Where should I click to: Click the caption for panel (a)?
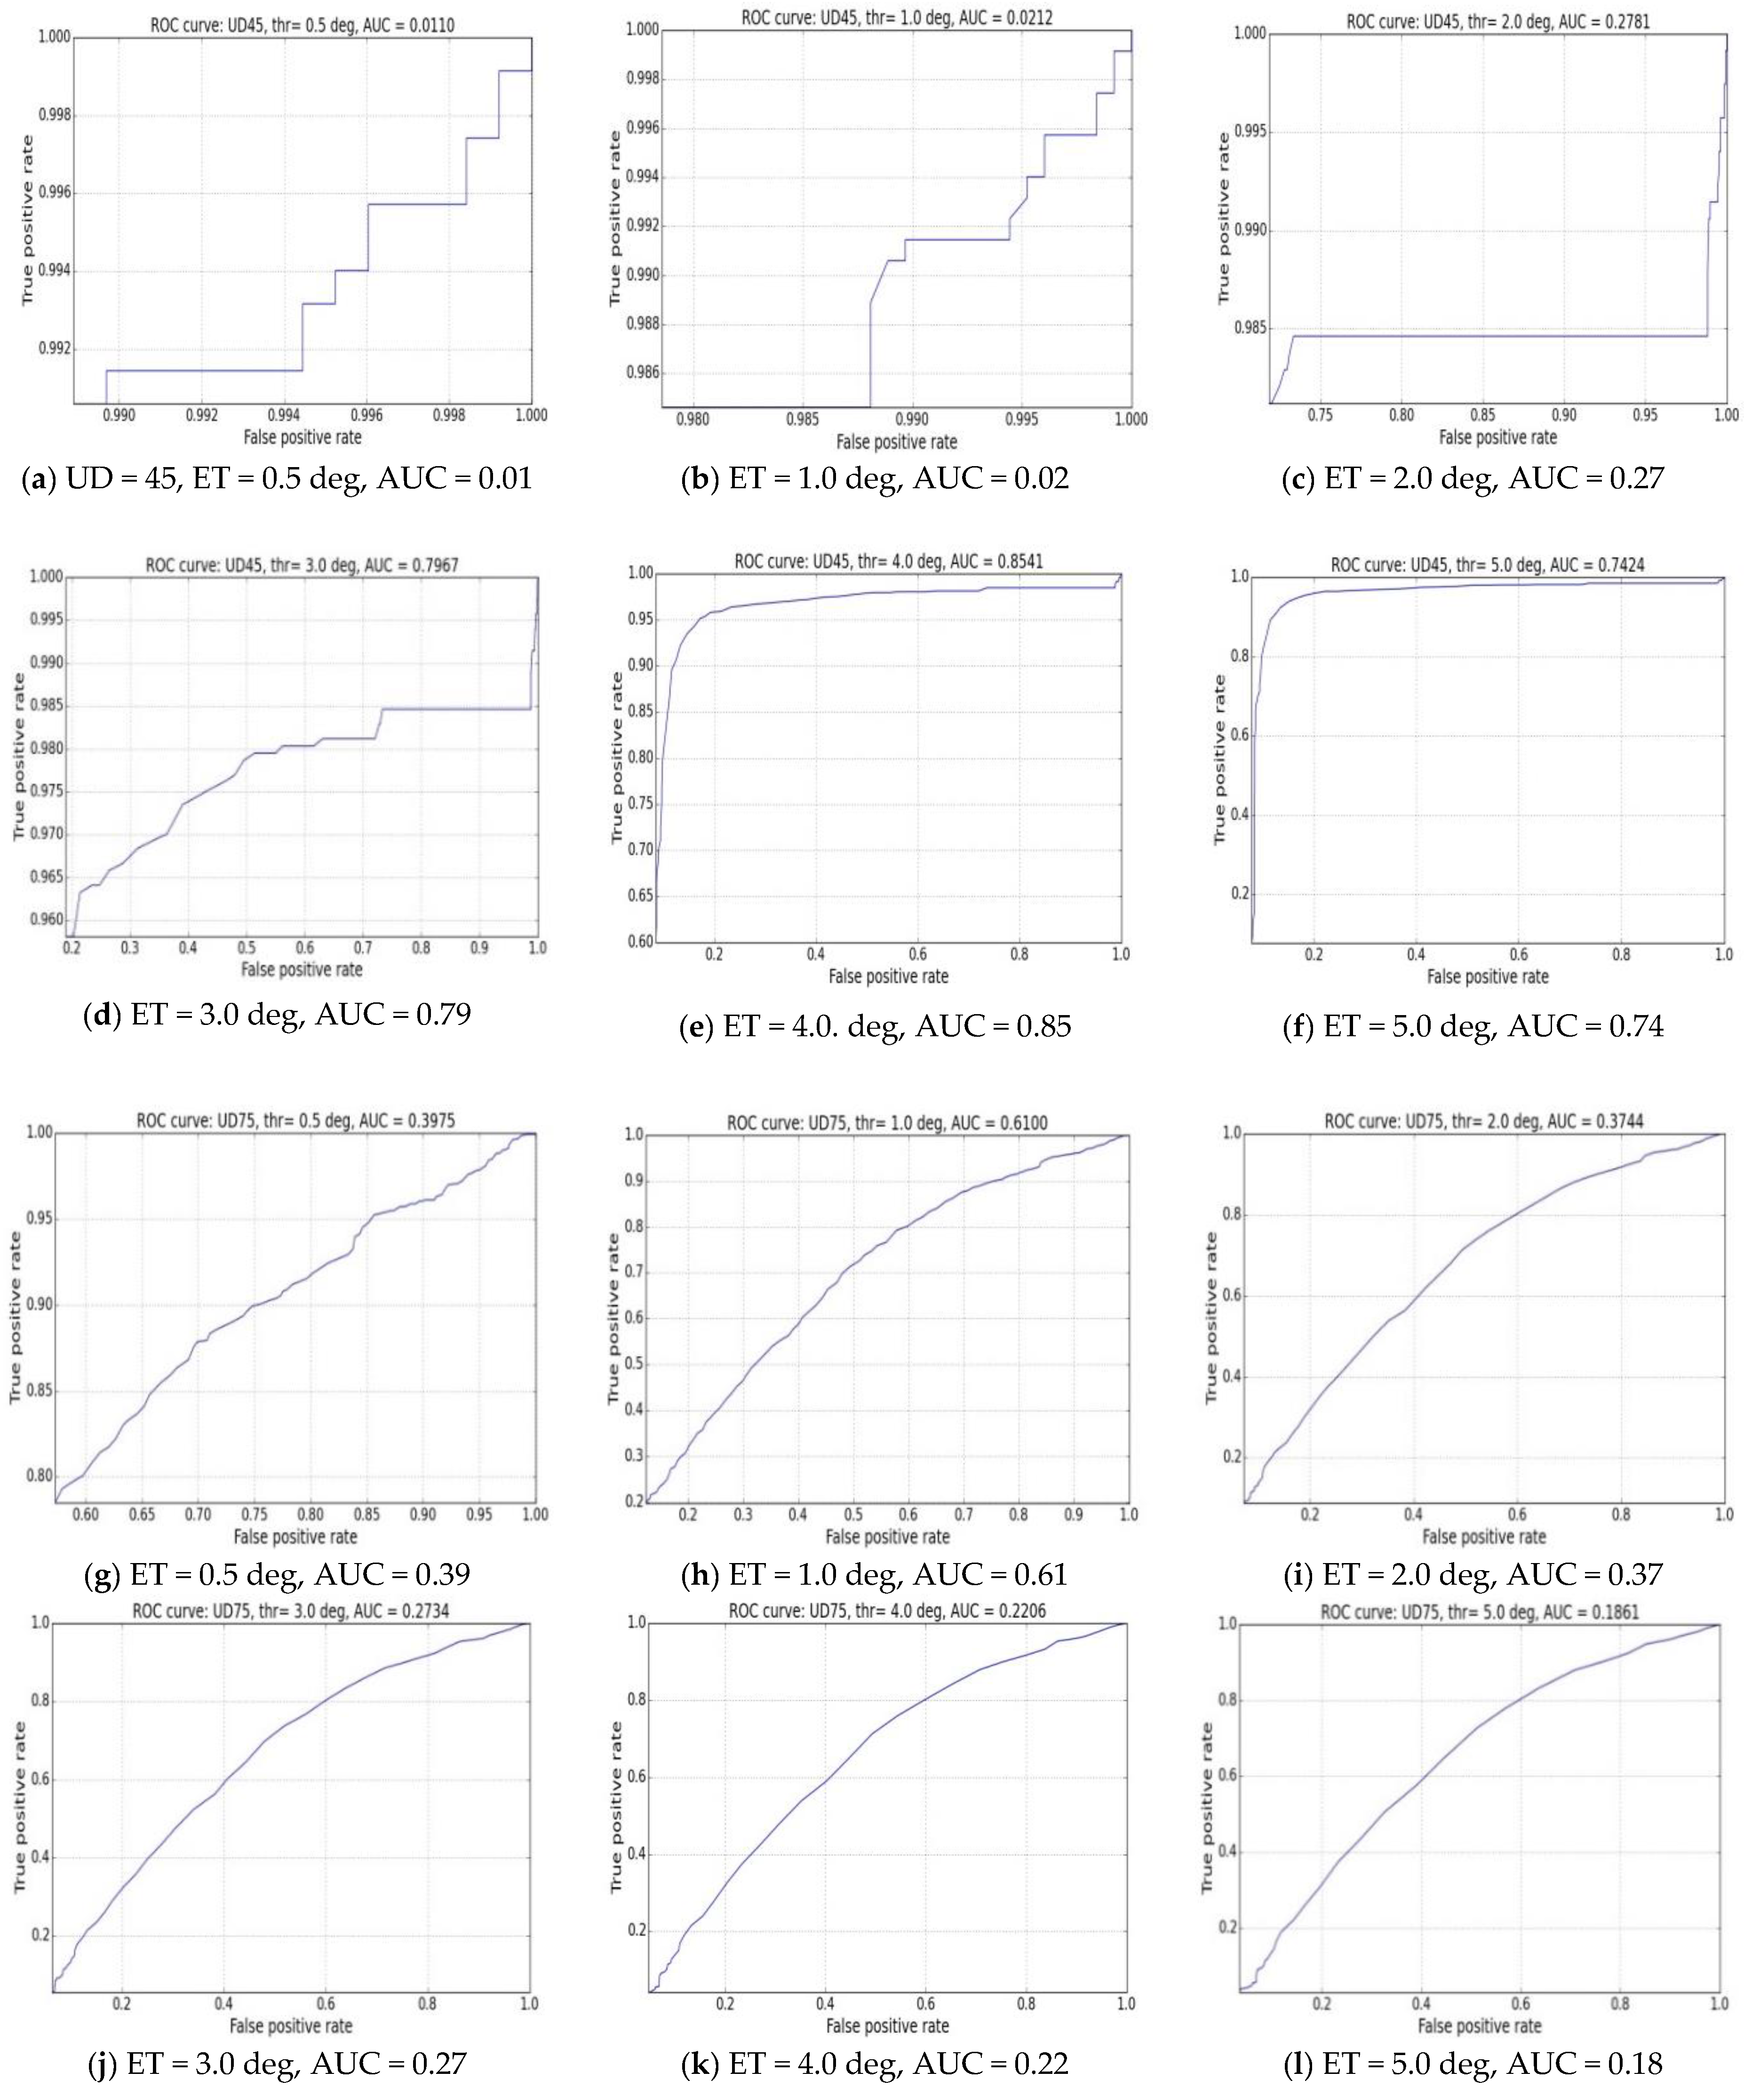pos(277,478)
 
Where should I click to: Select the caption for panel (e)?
pos(875,1025)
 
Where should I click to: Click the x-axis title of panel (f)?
pos(1488,977)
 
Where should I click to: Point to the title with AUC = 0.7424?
pos(1488,565)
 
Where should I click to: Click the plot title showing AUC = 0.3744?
pos(1483,1120)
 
